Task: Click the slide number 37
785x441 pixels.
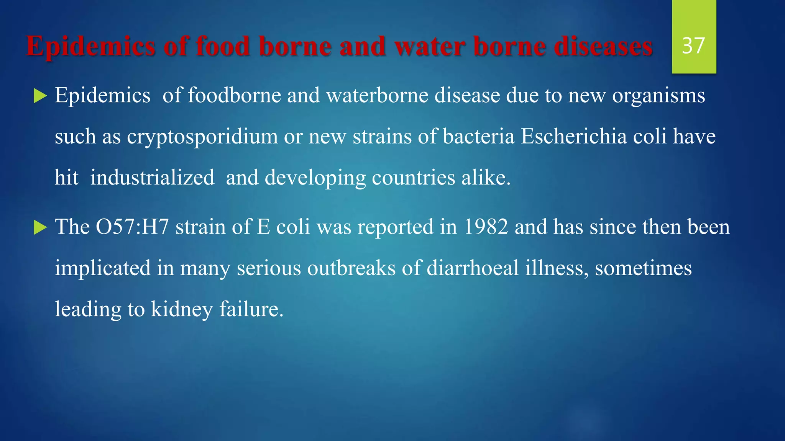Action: click(x=693, y=46)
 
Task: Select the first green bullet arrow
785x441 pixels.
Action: click(x=40, y=96)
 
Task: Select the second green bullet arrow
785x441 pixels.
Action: click(x=40, y=227)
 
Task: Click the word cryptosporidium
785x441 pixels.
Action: click(x=202, y=137)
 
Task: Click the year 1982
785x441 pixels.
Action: click(x=486, y=227)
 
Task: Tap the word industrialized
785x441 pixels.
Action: click(x=152, y=178)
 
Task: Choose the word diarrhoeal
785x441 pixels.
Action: click(x=473, y=268)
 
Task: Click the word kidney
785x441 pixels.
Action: click(x=182, y=309)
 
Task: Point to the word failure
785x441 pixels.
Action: click(x=251, y=309)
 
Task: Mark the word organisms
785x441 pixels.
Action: click(x=658, y=96)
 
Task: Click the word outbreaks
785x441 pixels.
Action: click(x=351, y=268)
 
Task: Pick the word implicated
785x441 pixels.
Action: click(x=102, y=268)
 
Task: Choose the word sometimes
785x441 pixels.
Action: click(x=643, y=268)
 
